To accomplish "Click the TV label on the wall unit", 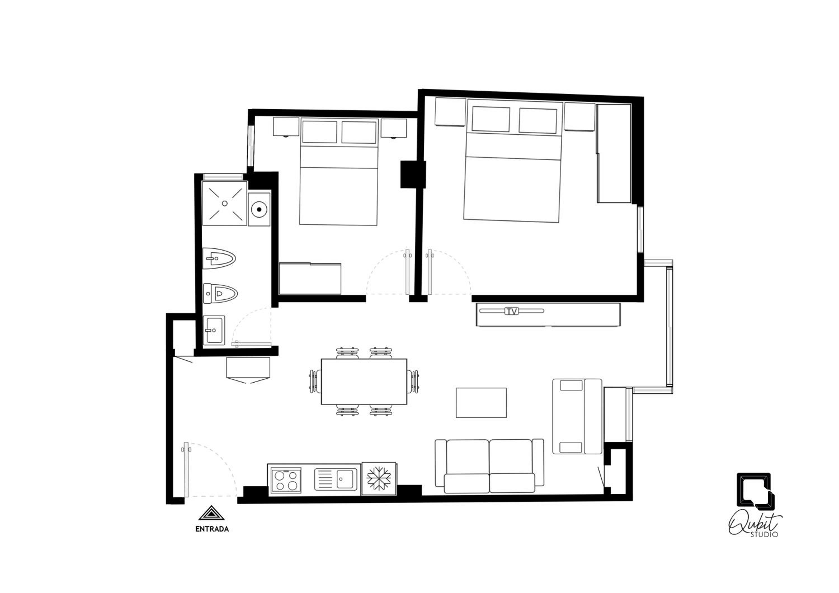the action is tap(512, 311).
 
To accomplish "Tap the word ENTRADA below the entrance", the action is tap(212, 529).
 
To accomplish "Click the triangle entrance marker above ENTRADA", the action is tap(212, 513).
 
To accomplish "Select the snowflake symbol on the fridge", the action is tap(379, 478).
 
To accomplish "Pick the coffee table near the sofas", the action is tap(481, 403).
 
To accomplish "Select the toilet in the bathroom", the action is tap(220, 293).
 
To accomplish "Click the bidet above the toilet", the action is tap(219, 258).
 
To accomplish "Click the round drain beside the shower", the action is tap(259, 209).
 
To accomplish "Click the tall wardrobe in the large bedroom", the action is tap(614, 154).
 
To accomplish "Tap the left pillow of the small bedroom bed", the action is tap(319, 132).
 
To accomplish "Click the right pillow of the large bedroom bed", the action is tap(538, 121).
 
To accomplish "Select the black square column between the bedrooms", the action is tap(413, 174).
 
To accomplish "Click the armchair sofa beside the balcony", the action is tap(577, 416).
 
